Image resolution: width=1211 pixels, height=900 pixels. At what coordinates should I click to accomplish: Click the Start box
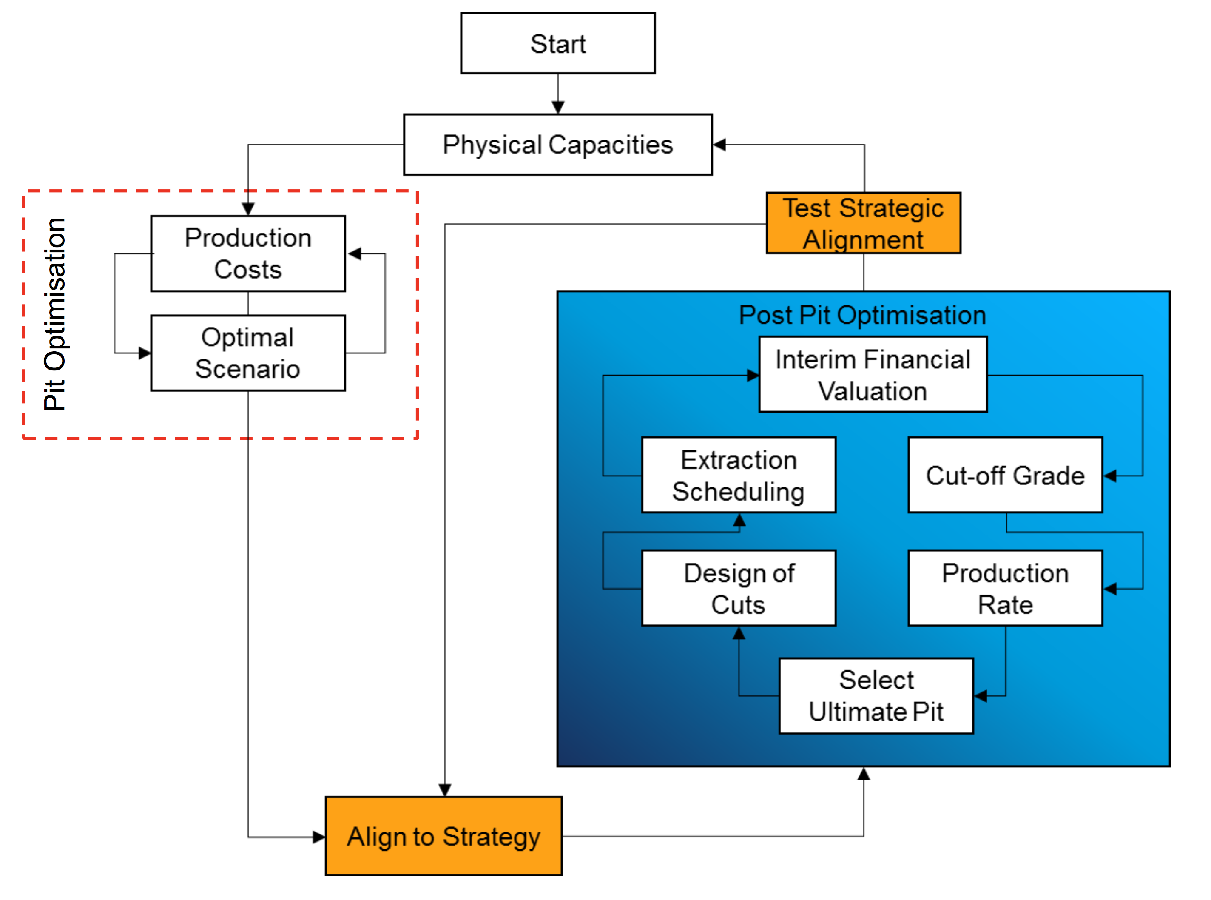[x=557, y=43]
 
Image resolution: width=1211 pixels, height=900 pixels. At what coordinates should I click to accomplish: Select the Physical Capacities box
[x=557, y=144]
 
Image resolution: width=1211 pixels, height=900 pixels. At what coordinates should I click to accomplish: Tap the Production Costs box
[x=248, y=253]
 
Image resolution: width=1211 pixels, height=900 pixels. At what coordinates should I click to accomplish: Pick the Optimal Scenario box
[x=248, y=353]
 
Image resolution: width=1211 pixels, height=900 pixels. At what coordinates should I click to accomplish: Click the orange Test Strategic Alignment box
[x=863, y=223]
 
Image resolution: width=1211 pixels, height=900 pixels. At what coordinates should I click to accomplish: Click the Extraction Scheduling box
[x=738, y=475]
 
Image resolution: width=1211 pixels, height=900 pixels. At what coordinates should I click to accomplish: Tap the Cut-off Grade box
[x=1005, y=475]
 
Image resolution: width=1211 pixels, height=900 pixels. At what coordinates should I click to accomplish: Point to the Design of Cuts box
[x=738, y=588]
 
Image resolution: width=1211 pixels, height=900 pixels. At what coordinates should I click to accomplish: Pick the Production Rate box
[x=1005, y=588]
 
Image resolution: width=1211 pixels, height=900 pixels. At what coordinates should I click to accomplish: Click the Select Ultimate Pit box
[x=876, y=696]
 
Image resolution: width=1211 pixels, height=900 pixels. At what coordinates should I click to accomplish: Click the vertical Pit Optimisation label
[x=55, y=314]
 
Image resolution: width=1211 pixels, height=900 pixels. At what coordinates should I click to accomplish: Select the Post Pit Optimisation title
[x=862, y=315]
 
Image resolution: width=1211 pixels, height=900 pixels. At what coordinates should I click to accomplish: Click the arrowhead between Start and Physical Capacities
[x=557, y=107]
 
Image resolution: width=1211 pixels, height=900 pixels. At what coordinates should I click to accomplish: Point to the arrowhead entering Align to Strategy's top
[x=445, y=789]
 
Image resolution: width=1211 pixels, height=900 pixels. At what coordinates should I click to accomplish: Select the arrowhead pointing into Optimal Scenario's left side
[x=144, y=353]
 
